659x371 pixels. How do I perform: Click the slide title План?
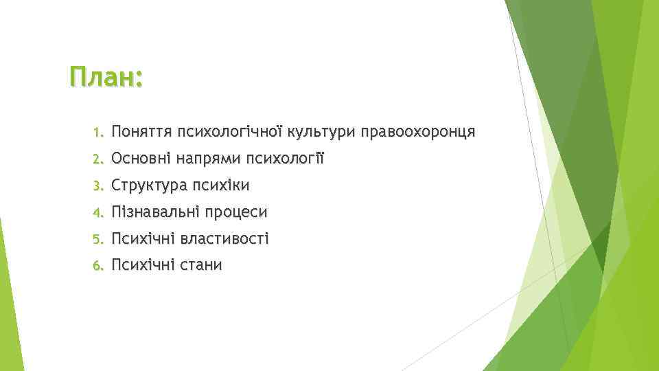click(106, 77)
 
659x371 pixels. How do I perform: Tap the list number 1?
click(98, 132)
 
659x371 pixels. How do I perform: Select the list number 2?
click(98, 159)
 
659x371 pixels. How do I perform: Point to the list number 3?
click(98, 185)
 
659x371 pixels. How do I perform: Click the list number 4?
click(98, 212)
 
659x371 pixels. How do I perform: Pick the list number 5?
click(98, 239)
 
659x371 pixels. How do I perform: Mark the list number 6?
click(98, 265)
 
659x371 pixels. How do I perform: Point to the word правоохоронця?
click(417, 132)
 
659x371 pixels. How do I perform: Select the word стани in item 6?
click(202, 265)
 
